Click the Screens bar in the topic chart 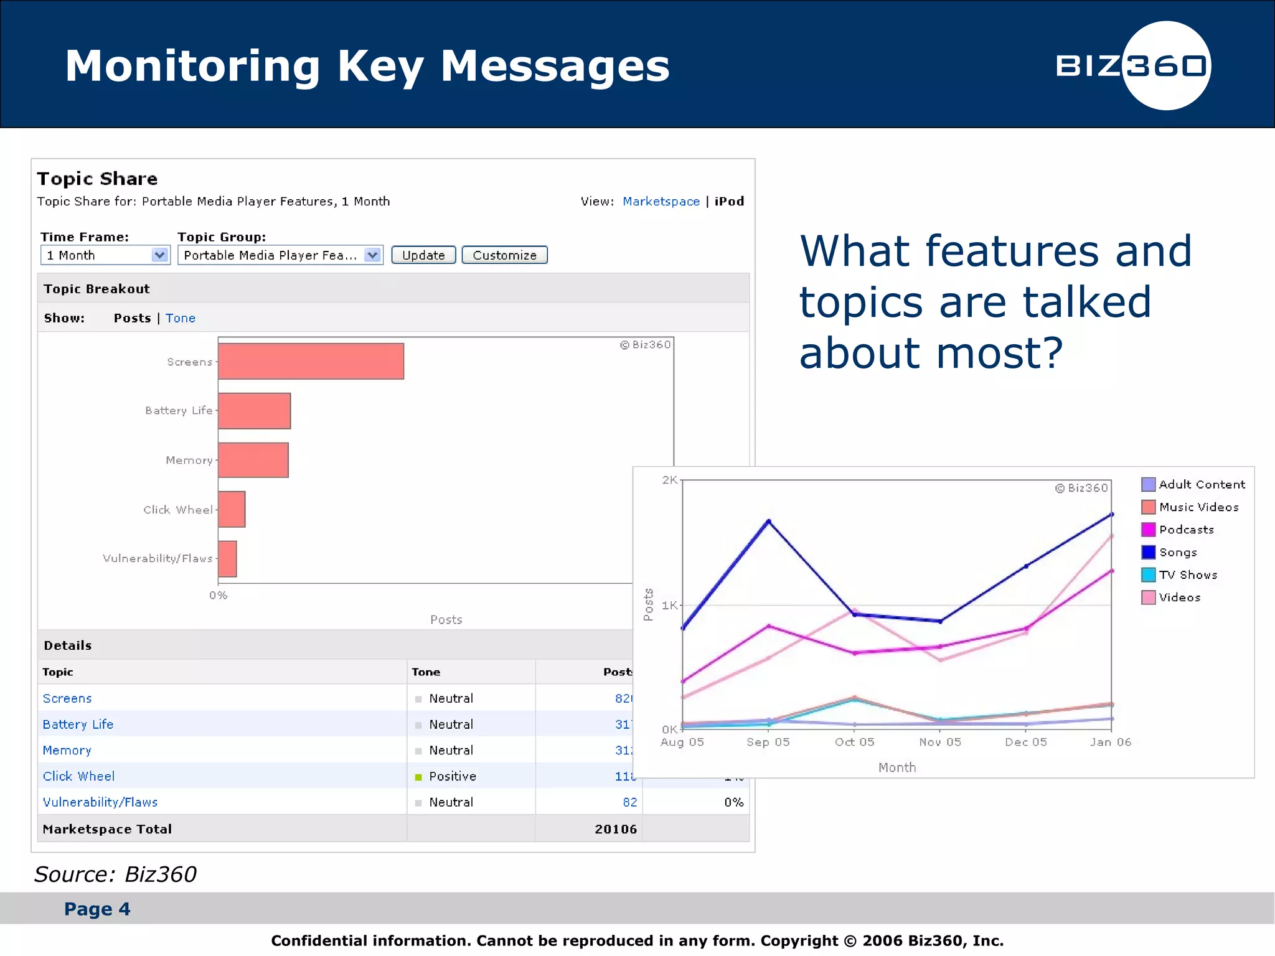(x=311, y=361)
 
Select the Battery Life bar (x=254, y=411)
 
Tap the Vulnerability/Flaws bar (x=227, y=558)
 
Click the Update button (x=423, y=255)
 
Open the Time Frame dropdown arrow (x=160, y=255)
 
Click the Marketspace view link (x=661, y=201)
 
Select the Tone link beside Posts (x=181, y=318)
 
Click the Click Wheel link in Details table (x=78, y=776)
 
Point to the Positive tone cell (x=452, y=776)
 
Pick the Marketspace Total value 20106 (x=615, y=829)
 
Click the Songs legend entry (x=1177, y=552)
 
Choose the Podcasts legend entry (x=1185, y=530)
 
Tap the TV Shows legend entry (x=1187, y=574)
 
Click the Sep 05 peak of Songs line (x=769, y=522)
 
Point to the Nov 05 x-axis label (x=940, y=742)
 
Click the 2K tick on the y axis (x=669, y=480)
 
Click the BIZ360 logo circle (x=1166, y=65)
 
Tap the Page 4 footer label (x=97, y=909)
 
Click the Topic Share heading (x=97, y=179)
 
